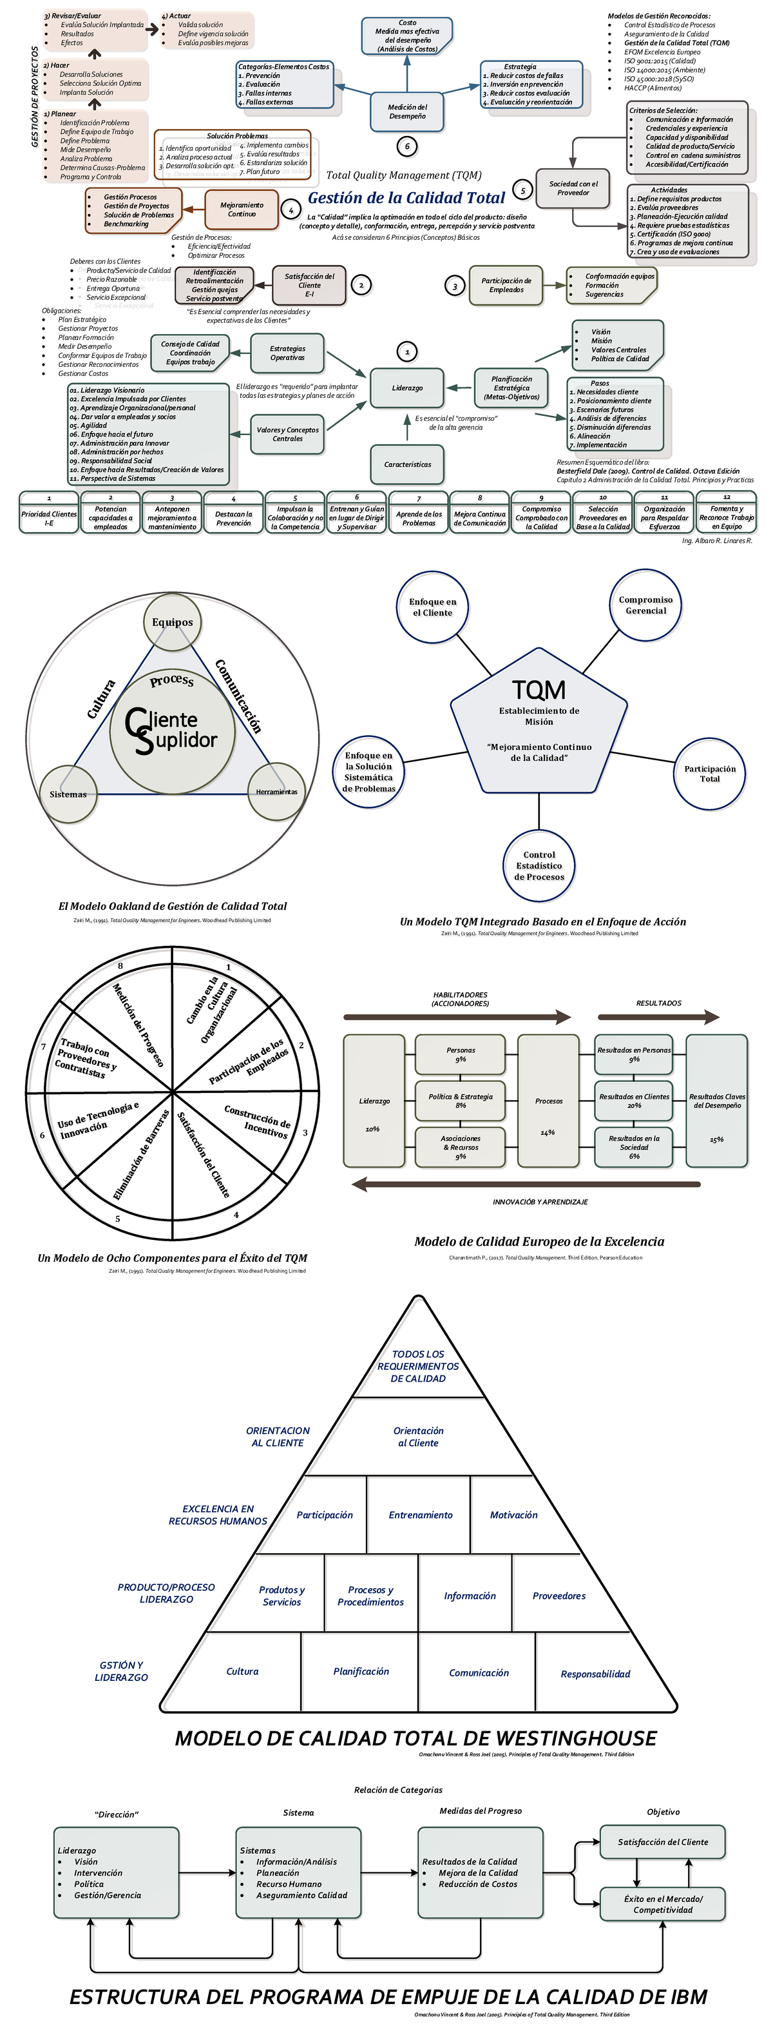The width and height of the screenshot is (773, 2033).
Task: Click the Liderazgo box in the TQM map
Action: (x=407, y=388)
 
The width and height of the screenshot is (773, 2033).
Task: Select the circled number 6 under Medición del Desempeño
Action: (x=407, y=146)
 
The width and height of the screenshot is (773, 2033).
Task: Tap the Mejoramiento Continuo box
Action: (x=242, y=209)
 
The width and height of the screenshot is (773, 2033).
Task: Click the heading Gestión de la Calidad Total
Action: (x=406, y=198)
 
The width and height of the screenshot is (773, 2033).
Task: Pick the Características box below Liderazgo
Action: (x=407, y=464)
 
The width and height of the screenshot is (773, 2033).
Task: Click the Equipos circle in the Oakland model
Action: (x=172, y=622)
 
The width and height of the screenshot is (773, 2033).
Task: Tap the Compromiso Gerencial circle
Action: (x=645, y=605)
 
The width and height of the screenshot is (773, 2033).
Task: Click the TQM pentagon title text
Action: (x=539, y=691)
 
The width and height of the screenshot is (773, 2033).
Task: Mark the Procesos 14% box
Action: (x=548, y=1101)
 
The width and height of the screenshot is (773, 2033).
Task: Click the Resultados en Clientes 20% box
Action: (x=633, y=1101)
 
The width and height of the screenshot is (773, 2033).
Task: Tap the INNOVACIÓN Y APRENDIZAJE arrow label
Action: (x=540, y=1202)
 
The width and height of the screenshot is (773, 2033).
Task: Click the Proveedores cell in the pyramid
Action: (x=558, y=1596)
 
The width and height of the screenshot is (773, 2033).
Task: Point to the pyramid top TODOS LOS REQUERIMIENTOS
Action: (x=418, y=1366)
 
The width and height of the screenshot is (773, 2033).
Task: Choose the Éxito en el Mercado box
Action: (x=663, y=1903)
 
